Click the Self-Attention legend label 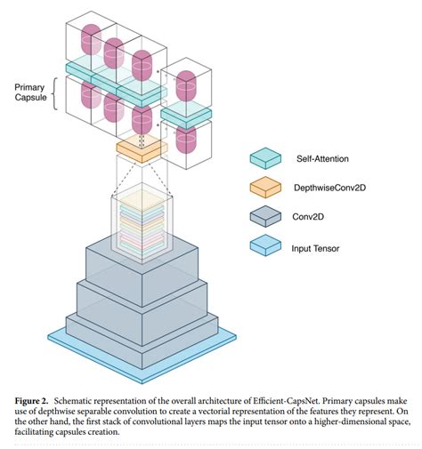(321, 159)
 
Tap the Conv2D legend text (312, 216)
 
